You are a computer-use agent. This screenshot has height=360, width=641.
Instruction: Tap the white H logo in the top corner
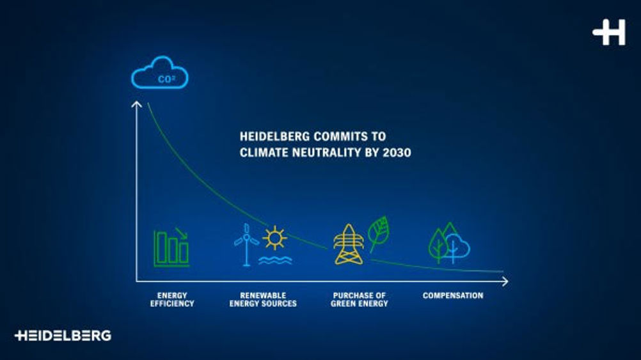609,32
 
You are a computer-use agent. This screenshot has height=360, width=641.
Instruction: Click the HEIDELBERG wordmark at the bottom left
63,336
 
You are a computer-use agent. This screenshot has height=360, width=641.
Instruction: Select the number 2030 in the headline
397,153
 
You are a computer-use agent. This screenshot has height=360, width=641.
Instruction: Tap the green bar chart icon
171,247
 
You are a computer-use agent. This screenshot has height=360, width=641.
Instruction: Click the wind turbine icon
246,244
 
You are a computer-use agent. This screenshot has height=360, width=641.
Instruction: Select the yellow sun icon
274,237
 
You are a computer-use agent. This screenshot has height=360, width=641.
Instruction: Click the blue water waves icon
275,260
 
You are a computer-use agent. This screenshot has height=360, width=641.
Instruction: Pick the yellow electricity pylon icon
348,244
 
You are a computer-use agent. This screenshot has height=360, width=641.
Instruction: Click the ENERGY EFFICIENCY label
172,299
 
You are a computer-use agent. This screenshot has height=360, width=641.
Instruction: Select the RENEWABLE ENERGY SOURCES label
263,299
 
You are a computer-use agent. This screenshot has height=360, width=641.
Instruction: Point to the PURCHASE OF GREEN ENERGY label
360,299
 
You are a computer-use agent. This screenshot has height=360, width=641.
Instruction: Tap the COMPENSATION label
453,295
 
